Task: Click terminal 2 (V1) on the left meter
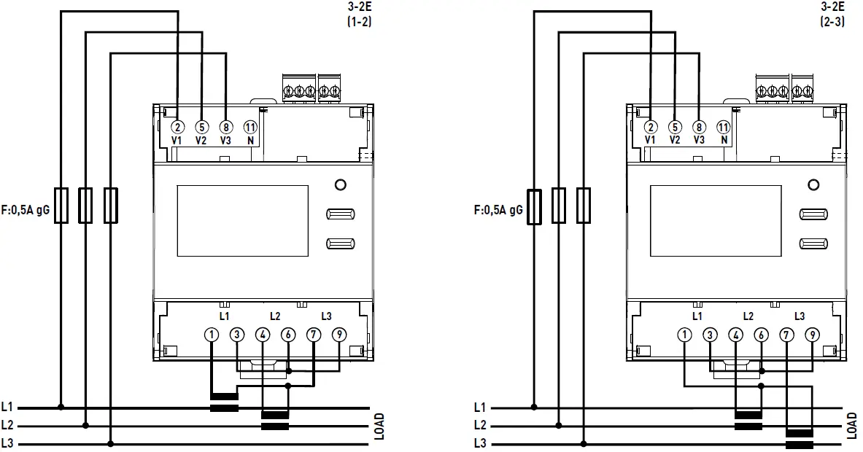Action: coord(178,127)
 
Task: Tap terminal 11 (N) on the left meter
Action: coord(249,127)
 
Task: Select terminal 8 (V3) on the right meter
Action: coord(699,127)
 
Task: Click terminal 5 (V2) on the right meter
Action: coord(675,127)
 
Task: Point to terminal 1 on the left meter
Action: coord(211,335)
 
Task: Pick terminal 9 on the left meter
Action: coord(338,335)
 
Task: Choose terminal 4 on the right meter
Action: coord(735,335)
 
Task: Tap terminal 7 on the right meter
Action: coord(786,335)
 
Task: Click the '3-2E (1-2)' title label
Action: coord(360,15)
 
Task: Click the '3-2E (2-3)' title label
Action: coord(833,15)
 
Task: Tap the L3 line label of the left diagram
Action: coord(7,443)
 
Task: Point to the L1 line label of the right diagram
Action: coord(479,408)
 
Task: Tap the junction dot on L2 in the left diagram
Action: coord(86,425)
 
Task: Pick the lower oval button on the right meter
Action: coord(813,243)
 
